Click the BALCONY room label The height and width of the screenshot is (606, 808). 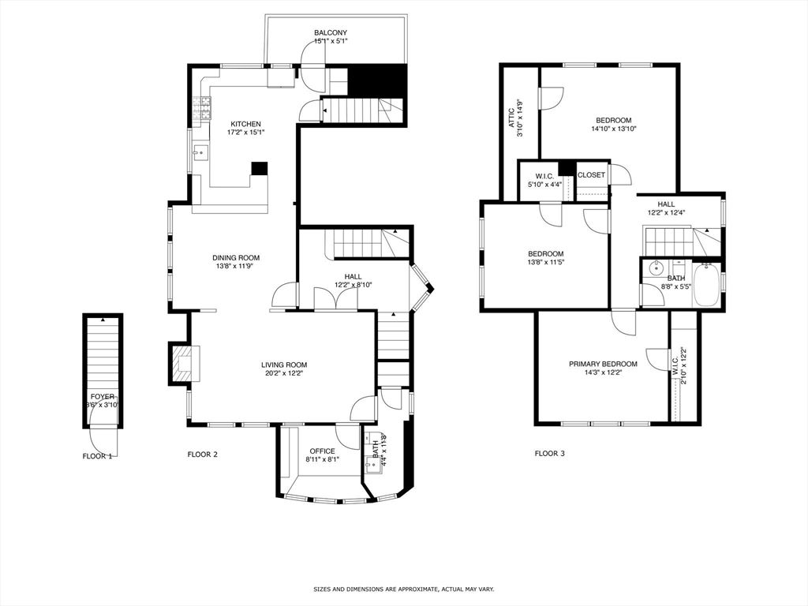[331, 32]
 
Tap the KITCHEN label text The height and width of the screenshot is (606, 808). [245, 124]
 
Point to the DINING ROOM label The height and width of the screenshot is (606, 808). [236, 257]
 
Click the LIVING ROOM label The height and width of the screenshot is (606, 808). [284, 365]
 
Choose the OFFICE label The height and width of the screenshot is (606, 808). [322, 451]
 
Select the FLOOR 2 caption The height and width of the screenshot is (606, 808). [202, 454]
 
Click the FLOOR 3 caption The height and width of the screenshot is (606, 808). [550, 454]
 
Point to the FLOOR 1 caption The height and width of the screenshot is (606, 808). [97, 456]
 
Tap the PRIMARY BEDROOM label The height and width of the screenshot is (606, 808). [603, 364]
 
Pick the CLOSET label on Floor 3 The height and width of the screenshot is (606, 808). [591, 175]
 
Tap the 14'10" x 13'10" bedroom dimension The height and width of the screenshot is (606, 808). [613, 129]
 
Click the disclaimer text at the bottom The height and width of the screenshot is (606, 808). [403, 589]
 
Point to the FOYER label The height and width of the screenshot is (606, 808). [103, 396]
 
